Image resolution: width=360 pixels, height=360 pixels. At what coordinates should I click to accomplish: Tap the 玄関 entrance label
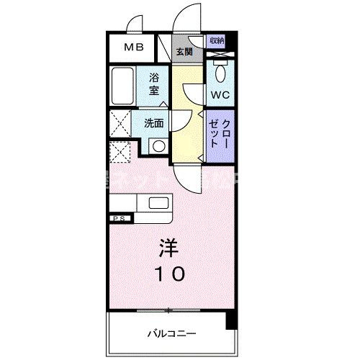(184, 51)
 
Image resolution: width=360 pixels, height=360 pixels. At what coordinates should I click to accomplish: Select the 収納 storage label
(217, 41)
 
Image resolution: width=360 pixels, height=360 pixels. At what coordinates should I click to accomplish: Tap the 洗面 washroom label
(153, 123)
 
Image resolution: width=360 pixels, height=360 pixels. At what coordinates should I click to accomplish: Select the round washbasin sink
(157, 146)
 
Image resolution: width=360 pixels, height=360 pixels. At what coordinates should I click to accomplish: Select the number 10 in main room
(170, 273)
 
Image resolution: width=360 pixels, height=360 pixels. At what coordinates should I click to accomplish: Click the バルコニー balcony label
(170, 333)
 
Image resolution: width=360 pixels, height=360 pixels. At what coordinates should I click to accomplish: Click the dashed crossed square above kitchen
(120, 153)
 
